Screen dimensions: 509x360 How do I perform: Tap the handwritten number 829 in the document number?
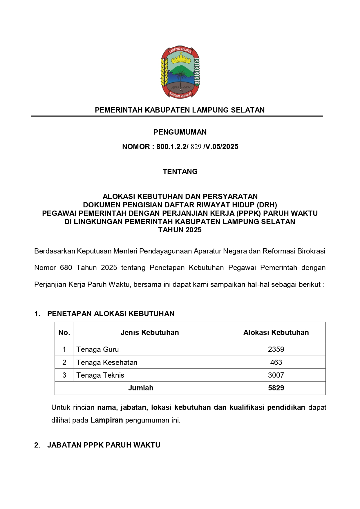[x=196, y=147]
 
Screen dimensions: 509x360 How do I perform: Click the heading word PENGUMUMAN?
[x=180, y=132]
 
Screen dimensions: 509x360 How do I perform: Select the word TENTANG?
[x=180, y=171]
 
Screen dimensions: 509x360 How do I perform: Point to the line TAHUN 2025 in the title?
[x=180, y=230]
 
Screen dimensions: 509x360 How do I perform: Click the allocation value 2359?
[x=276, y=349]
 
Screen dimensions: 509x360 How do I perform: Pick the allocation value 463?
[x=276, y=362]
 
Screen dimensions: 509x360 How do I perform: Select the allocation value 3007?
[x=276, y=375]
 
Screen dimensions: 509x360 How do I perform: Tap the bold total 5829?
[x=276, y=388]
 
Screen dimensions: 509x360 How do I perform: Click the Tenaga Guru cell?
[x=97, y=349]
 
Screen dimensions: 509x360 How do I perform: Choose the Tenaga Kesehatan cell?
[x=107, y=362]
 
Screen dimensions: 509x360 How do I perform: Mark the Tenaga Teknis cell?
[x=100, y=375]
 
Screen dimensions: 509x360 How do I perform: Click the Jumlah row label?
[x=141, y=388]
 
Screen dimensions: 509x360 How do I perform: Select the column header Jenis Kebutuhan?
[x=150, y=332]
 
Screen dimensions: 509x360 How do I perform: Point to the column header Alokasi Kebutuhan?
[x=276, y=332]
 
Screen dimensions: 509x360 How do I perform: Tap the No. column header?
[x=64, y=332]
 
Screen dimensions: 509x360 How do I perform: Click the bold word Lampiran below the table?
[x=107, y=420]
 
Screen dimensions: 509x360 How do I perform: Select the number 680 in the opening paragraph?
[x=66, y=268]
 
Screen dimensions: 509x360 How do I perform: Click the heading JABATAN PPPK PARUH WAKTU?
[x=104, y=445]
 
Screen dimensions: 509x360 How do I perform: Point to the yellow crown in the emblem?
[x=180, y=60]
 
